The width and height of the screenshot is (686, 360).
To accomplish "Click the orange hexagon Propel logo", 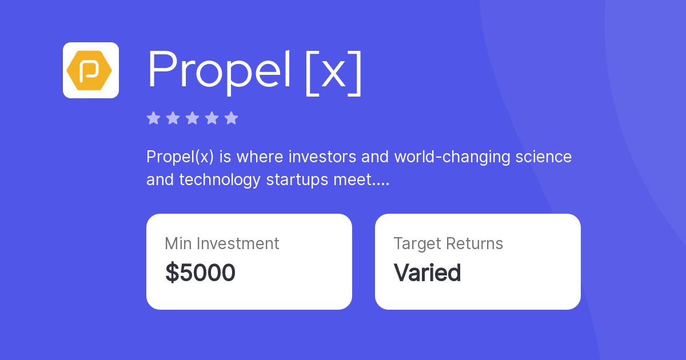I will tap(90, 70).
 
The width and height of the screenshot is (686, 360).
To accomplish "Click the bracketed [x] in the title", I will tap(334, 72).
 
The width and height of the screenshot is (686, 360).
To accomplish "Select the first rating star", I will tap(153, 118).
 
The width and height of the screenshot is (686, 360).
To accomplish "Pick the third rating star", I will tap(192, 118).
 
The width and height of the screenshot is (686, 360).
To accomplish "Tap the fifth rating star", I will tap(231, 118).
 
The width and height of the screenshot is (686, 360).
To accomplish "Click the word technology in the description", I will tap(221, 180).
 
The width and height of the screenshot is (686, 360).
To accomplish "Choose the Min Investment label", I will tap(222, 243).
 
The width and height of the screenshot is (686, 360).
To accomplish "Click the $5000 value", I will tap(200, 273).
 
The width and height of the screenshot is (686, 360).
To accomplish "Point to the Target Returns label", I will tap(448, 243).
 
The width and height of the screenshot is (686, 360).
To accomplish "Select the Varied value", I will tap(427, 273).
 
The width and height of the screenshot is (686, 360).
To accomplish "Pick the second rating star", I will tap(173, 118).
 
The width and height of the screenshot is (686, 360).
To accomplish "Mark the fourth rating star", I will tap(212, 118).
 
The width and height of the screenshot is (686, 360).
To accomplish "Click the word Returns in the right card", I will tap(474, 243).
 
